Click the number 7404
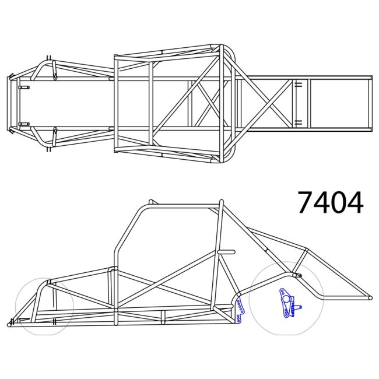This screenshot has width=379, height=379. coord(330,202)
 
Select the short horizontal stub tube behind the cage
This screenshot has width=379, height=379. coord(227,251)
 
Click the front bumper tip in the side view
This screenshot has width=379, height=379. coord(10,324)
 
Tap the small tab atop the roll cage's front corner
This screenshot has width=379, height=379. coord(150,202)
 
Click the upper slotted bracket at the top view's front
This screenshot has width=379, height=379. coord(23,87)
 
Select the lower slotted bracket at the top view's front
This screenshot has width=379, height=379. coord(23,124)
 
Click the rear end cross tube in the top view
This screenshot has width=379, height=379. coord(370,105)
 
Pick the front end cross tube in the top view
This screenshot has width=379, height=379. coord(9,105)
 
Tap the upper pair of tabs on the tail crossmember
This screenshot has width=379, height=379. coord(297,85)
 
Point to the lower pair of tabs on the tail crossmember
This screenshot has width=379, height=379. coord(297,122)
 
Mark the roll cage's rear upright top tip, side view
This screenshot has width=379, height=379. coord(221,203)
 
